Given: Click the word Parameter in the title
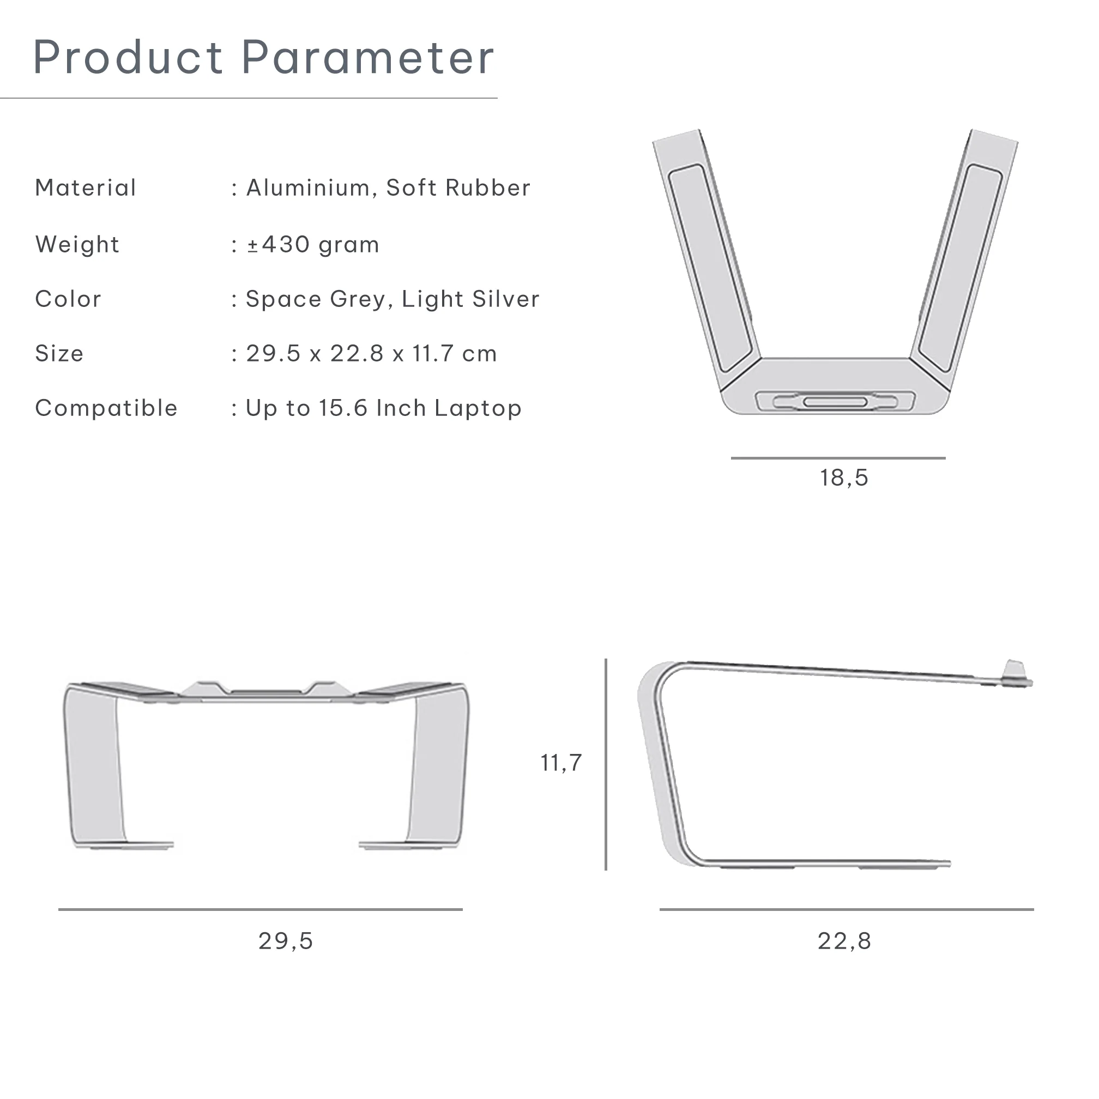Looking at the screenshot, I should tap(367, 57).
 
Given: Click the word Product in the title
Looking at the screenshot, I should tap(128, 57).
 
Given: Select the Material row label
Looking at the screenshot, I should tap(86, 188).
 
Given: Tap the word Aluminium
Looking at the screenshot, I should tap(309, 188).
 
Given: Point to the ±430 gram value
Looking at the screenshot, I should tap(313, 245).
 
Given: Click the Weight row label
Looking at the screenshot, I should tap(77, 245).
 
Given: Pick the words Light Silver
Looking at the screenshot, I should tap(470, 299).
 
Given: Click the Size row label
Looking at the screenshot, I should tap(59, 354).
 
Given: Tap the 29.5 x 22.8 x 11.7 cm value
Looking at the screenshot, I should tap(371, 354).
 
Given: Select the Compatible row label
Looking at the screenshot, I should tap(106, 408).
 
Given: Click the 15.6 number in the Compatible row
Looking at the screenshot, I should tap(343, 408).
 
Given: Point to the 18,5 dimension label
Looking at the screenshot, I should tap(843, 478).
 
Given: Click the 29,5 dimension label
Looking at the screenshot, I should tap(286, 941).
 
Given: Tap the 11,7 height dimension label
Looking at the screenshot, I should tap(561, 763).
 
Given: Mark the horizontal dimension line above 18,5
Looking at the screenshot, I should tap(838, 458).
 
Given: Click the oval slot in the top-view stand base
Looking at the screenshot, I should tap(835, 402).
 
